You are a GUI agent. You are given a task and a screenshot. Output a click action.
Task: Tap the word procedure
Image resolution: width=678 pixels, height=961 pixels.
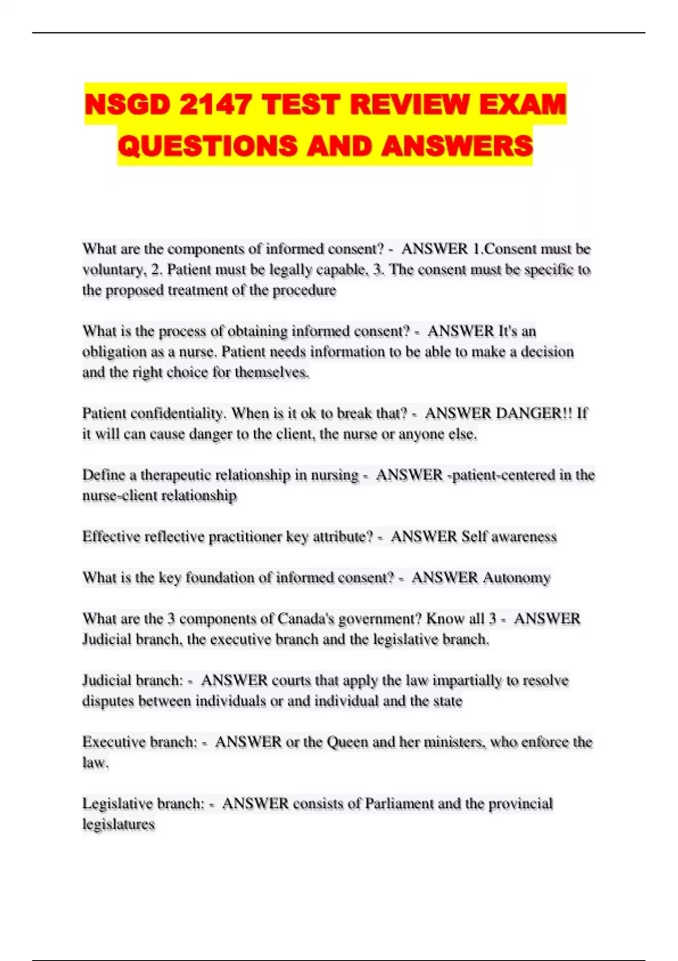coord(305,291)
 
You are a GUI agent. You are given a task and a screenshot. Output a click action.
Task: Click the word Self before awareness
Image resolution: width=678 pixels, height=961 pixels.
coord(473,536)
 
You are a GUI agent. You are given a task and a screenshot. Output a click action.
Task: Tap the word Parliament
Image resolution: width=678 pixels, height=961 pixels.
coord(399,804)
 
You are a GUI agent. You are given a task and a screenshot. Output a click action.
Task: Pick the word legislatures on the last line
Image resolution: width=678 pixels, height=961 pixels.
coord(119,825)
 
